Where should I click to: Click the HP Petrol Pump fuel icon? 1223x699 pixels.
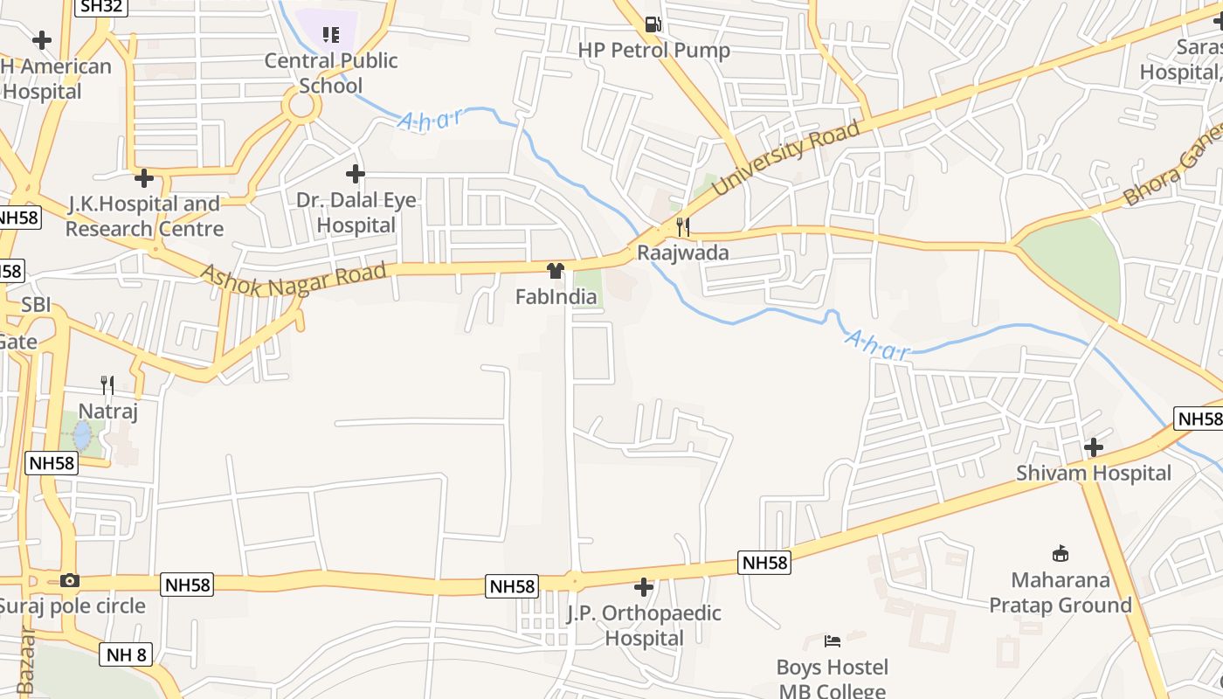653,24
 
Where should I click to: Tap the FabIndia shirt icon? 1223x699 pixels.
556,271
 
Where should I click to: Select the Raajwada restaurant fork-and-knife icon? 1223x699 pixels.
683,227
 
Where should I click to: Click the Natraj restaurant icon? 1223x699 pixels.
107,384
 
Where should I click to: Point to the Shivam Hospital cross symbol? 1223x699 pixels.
1093,447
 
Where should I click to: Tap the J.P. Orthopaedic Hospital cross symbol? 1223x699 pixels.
644,587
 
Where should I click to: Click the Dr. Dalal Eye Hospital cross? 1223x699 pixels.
355,174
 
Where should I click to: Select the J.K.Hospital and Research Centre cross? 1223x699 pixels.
144,178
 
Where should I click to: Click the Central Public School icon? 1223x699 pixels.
330,35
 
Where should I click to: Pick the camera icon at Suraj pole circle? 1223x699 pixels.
70,580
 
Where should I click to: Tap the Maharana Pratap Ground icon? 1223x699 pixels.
1061,553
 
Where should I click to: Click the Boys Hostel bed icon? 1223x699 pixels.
833,641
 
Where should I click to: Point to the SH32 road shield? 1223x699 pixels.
101,7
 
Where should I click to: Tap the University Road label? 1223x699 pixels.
786,158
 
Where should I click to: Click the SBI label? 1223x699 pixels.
36,305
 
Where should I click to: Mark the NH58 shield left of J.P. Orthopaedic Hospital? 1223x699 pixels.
512,585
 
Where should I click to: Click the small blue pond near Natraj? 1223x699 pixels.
82,435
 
